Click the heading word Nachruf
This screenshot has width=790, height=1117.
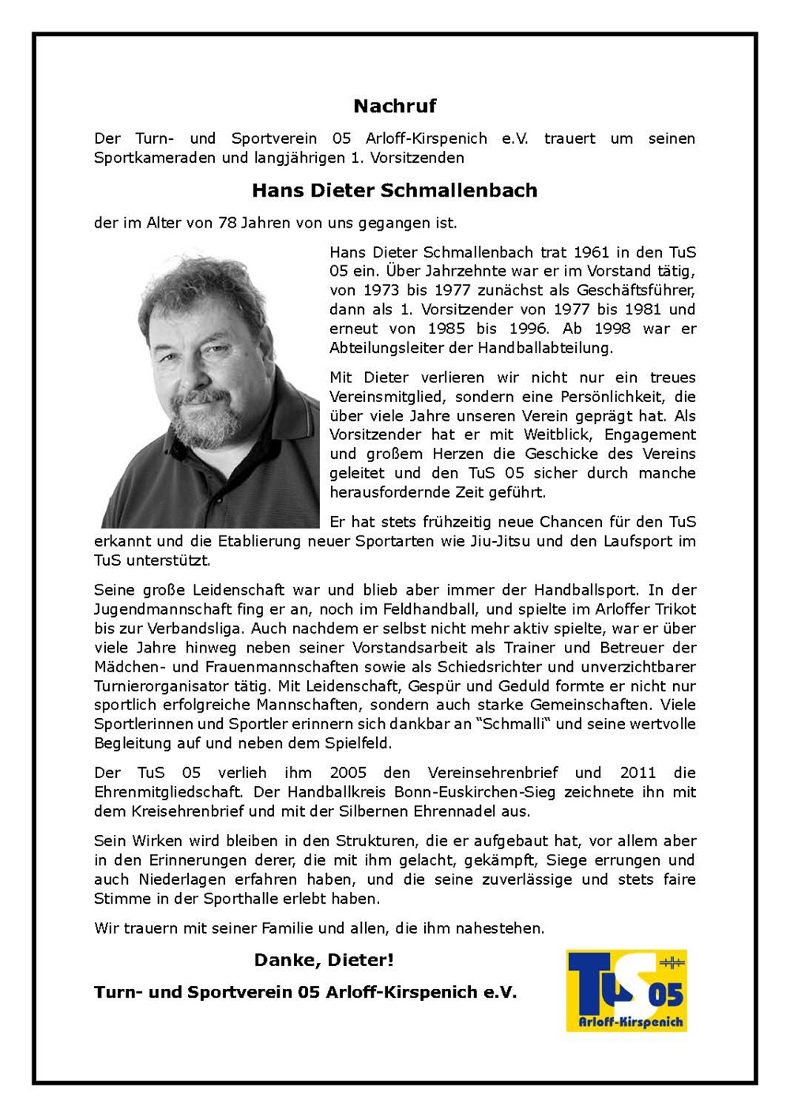tap(394, 106)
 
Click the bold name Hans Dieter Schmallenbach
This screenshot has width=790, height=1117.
tap(394, 190)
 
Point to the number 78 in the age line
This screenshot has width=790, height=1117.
tap(228, 223)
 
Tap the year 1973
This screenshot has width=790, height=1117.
tap(381, 291)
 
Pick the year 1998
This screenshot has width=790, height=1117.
tap(612, 329)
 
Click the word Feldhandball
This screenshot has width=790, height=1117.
tap(434, 609)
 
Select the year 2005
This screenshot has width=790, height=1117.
tap(348, 773)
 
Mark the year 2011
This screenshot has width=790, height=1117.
tap(638, 773)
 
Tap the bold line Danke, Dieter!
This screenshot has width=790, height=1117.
tap(324, 961)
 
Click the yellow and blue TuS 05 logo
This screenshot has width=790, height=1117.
tap(626, 991)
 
